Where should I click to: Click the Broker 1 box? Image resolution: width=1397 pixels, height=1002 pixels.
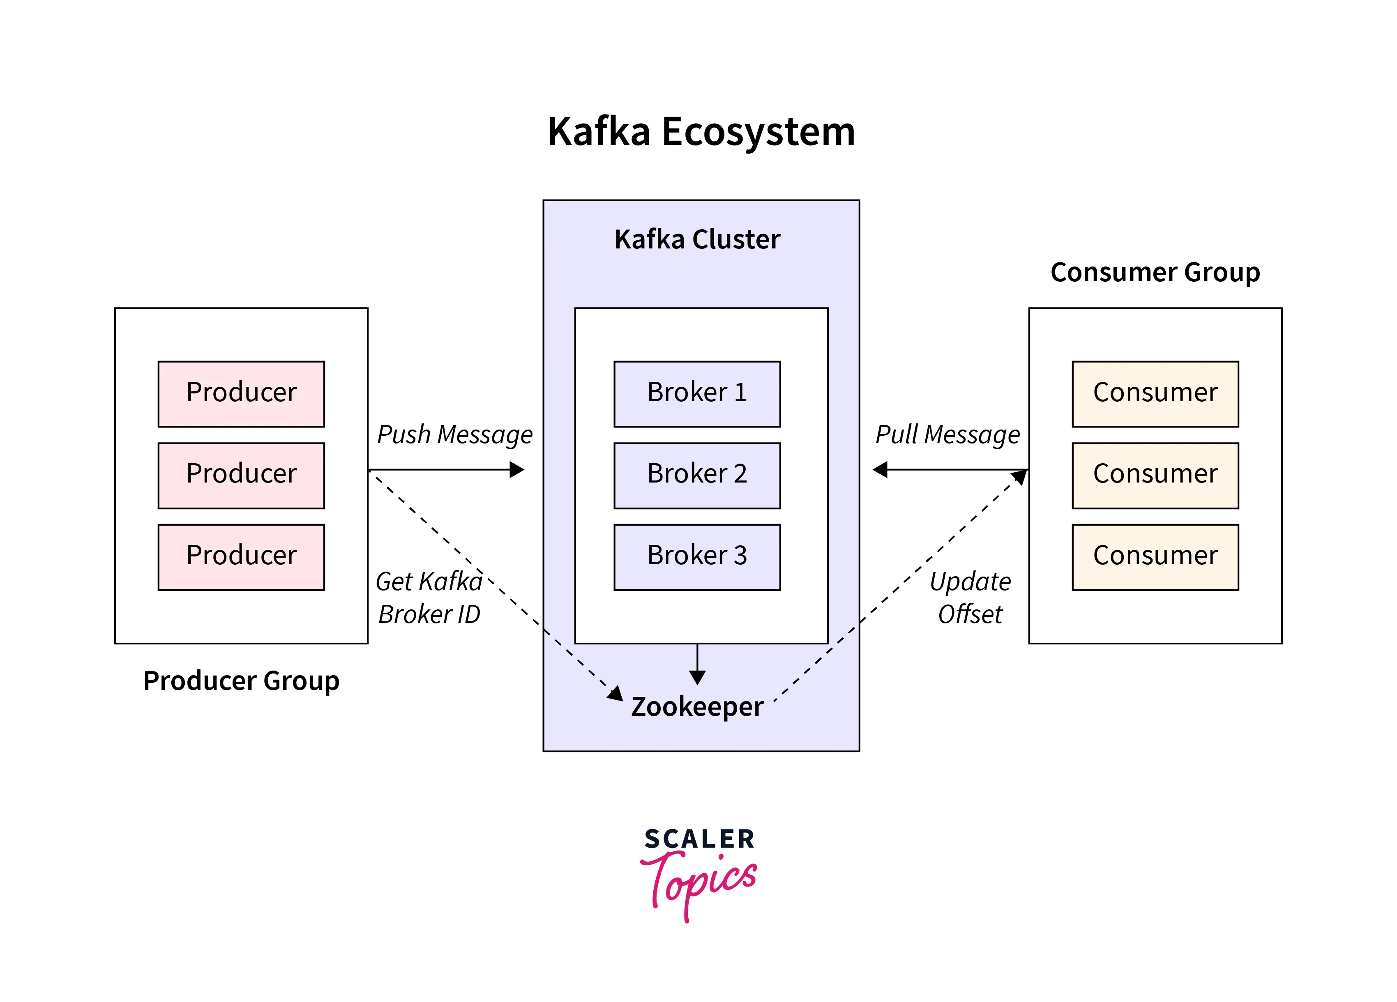tap(697, 394)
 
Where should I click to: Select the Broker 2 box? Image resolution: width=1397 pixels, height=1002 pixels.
tap(697, 475)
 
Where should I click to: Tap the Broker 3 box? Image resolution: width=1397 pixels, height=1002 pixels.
tap(697, 557)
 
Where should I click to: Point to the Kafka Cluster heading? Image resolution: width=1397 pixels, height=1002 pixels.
tap(697, 239)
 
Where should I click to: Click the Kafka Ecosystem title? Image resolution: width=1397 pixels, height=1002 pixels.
tap(701, 132)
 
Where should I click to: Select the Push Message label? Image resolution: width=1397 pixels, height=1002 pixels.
tap(454, 434)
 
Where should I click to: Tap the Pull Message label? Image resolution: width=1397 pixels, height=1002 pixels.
tap(947, 434)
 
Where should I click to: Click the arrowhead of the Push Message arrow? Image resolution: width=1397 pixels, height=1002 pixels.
tap(517, 470)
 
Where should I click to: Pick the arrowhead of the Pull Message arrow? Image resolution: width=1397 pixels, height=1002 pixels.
tap(880, 470)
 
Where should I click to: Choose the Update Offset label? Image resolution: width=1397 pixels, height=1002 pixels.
tap(970, 598)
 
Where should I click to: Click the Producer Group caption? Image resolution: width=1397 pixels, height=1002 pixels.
tap(241, 681)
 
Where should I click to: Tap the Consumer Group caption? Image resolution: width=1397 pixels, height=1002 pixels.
tap(1155, 272)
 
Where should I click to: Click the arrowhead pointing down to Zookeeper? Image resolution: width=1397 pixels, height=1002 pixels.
tap(697, 677)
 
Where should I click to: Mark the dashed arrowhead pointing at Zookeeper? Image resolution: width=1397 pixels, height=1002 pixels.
tap(616, 694)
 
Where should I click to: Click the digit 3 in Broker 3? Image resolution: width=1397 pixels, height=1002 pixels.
tap(740, 556)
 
